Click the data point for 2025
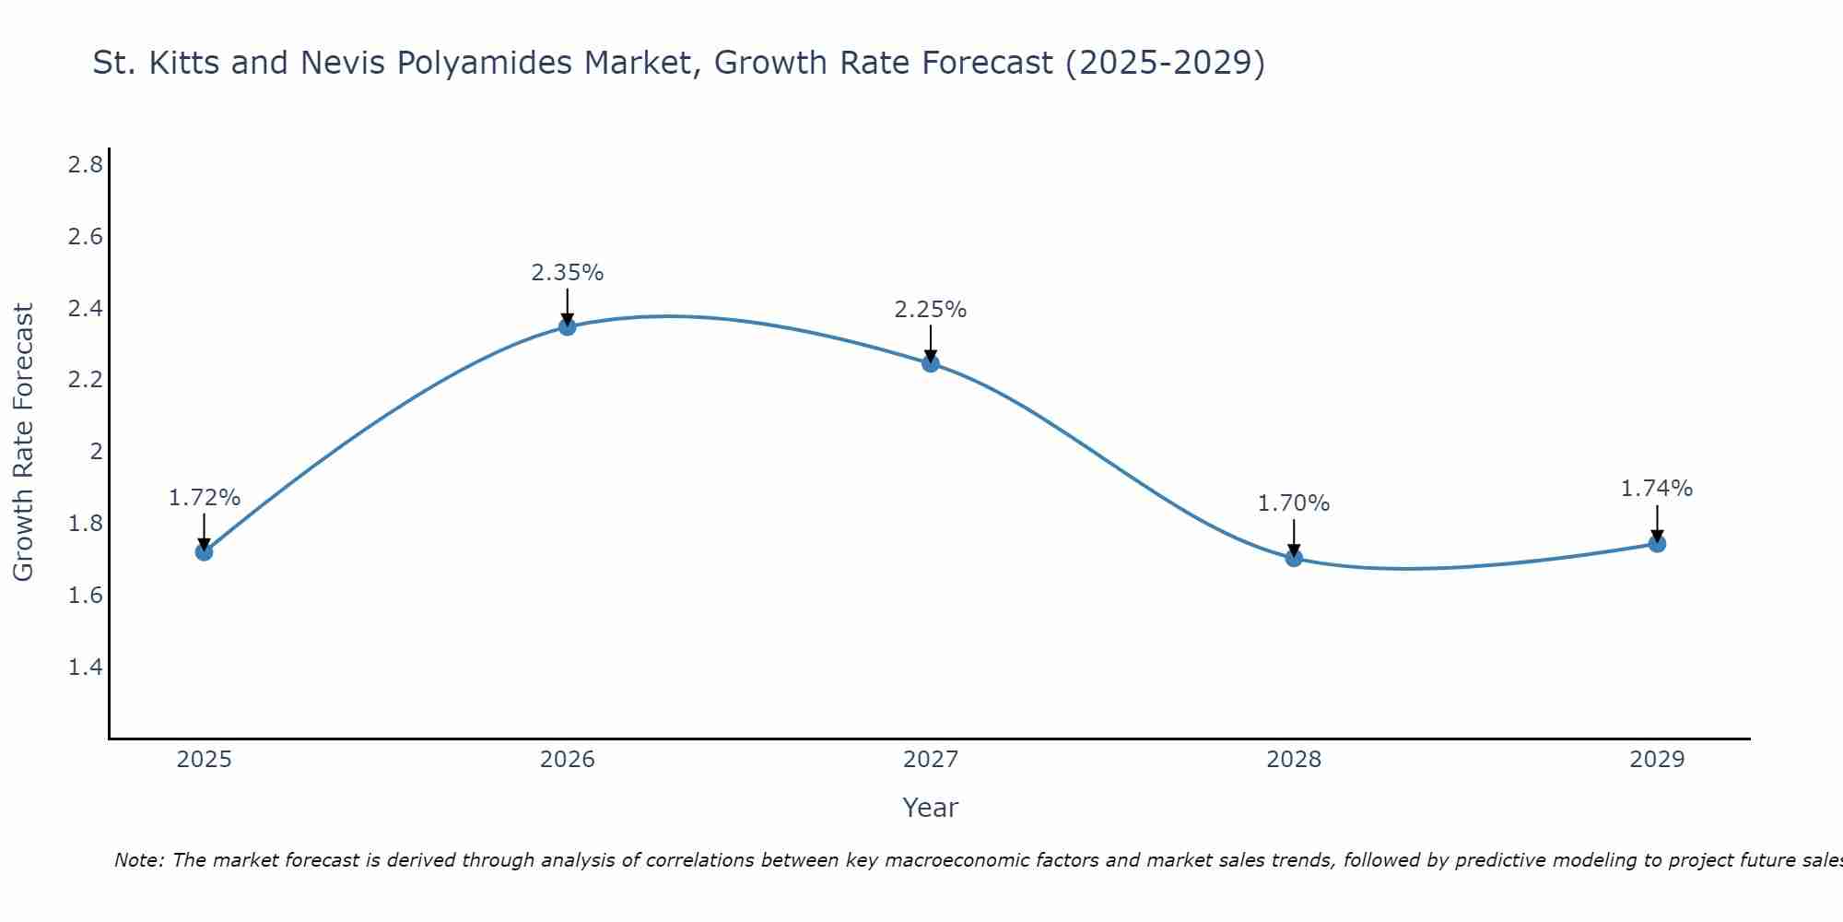(204, 551)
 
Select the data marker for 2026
(567, 326)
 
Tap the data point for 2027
(931, 363)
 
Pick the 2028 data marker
(1294, 558)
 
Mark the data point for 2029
(1657, 544)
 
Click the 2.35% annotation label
(567, 273)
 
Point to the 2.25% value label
(931, 310)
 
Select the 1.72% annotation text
(204, 498)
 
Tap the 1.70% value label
(1294, 503)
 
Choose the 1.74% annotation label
(1657, 489)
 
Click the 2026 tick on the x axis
(567, 760)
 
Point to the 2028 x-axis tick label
(1294, 760)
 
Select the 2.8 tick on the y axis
(85, 165)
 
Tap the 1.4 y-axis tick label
(85, 667)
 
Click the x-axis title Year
(931, 808)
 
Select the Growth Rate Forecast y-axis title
(23, 443)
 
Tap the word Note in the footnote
(138, 860)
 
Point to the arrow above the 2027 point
(931, 344)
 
